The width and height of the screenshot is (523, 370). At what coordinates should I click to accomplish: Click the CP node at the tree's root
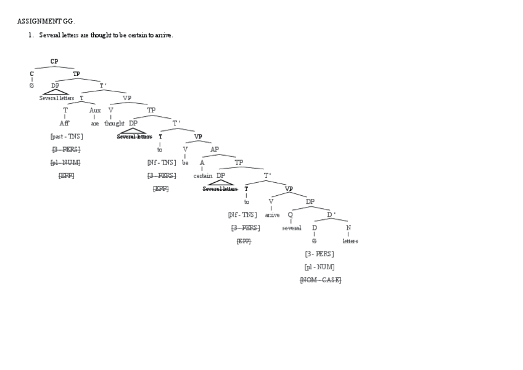click(54, 61)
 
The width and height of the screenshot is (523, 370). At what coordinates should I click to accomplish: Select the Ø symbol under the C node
click(31, 85)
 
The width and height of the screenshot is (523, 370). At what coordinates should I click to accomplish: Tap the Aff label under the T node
click(64, 124)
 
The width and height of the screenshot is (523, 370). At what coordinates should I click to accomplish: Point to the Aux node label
click(95, 111)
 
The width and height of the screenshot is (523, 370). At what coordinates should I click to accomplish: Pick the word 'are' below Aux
click(94, 124)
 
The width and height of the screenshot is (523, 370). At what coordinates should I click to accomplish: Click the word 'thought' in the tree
click(114, 124)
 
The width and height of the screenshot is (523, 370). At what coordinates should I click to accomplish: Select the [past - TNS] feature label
click(66, 137)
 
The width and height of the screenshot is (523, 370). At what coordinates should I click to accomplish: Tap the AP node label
click(215, 149)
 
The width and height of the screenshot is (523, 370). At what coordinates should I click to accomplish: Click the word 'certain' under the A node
click(202, 175)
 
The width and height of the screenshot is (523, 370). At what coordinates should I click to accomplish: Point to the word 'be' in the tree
click(185, 162)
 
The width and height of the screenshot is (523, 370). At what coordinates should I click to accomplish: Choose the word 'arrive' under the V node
click(272, 215)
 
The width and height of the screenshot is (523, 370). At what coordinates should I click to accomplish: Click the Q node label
click(290, 215)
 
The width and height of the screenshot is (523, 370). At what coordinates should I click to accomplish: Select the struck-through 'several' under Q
click(292, 228)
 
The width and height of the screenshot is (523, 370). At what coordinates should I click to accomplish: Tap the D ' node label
click(331, 215)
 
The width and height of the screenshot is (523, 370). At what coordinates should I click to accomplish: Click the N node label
click(348, 228)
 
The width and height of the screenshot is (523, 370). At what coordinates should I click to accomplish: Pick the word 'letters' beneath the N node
click(350, 241)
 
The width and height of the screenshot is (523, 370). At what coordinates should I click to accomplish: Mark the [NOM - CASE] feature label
click(320, 280)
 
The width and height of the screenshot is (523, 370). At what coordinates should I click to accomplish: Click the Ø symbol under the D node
click(314, 241)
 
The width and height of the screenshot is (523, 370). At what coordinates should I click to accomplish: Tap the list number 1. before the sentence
click(30, 35)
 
